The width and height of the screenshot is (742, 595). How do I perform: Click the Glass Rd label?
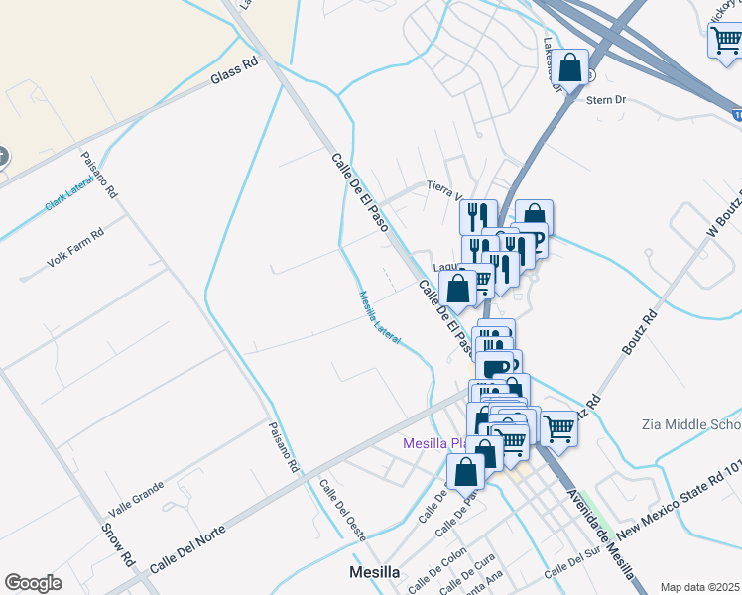(x=235, y=71)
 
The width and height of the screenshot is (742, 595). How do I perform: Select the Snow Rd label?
(x=117, y=542)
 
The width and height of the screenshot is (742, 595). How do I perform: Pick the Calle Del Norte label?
(x=187, y=547)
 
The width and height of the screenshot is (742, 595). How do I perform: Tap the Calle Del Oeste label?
(x=343, y=510)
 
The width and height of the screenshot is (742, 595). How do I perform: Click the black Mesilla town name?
(x=375, y=573)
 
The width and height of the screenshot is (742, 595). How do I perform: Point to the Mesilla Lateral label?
(x=379, y=316)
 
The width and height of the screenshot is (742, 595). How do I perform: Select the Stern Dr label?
(x=615, y=100)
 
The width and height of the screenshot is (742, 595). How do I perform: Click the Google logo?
(x=33, y=583)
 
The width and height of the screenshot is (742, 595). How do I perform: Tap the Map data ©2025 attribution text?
(x=699, y=587)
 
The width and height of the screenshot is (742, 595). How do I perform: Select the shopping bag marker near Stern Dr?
(x=570, y=67)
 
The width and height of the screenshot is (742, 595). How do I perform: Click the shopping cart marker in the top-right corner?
(x=725, y=42)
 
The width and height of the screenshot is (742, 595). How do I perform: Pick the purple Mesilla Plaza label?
(x=433, y=443)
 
